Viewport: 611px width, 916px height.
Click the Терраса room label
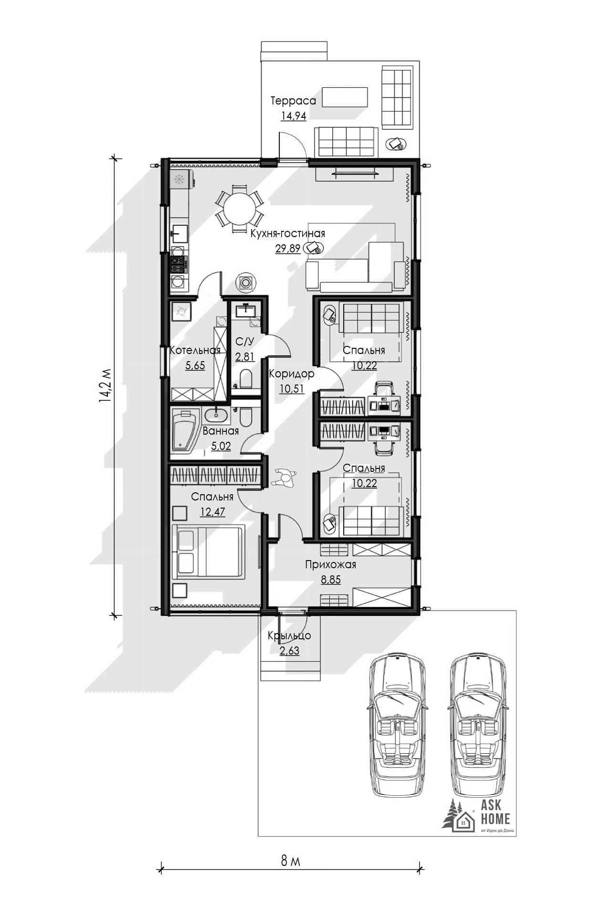tap(293, 101)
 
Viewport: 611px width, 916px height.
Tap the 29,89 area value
tap(288, 249)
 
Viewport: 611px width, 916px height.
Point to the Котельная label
tap(195, 350)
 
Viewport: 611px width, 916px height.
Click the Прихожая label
tap(331, 565)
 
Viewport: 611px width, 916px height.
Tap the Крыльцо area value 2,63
tap(289, 651)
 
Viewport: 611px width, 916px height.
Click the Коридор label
tap(292, 374)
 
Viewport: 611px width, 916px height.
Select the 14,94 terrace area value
tap(294, 116)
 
